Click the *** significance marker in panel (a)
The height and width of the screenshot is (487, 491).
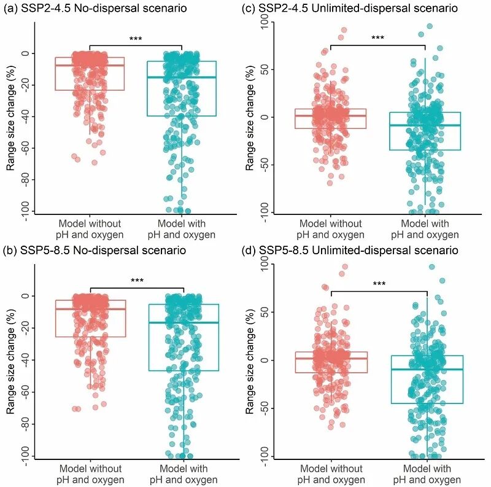click(x=136, y=39)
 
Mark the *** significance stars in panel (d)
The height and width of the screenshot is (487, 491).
click(x=379, y=284)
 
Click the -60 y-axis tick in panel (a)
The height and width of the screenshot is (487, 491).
click(x=26, y=147)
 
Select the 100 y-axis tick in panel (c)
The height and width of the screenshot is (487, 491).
click(x=265, y=23)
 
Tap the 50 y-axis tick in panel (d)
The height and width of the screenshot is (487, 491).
click(x=265, y=313)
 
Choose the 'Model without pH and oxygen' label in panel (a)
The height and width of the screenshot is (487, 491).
click(x=90, y=228)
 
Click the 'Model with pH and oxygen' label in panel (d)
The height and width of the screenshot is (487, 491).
click(x=427, y=474)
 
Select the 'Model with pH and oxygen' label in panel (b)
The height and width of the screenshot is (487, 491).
click(x=184, y=474)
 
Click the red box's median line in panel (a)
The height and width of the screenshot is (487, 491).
click(x=90, y=65)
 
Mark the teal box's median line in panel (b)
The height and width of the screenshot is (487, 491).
click(x=184, y=322)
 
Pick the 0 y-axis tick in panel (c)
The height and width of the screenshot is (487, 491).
click(x=265, y=117)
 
